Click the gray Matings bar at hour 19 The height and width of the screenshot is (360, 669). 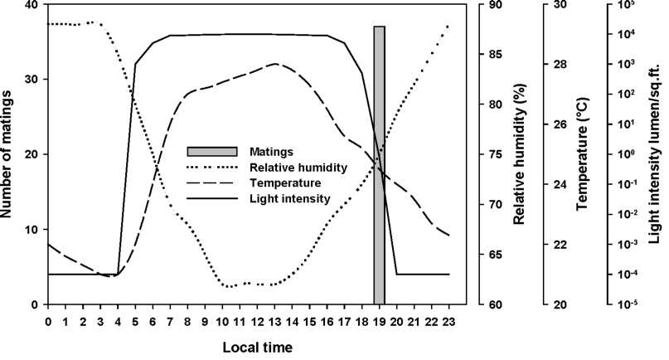pyautogui.click(x=379, y=166)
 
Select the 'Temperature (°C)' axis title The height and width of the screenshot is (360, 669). pyautogui.click(x=581, y=155)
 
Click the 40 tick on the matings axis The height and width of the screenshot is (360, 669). pyautogui.click(x=32, y=5)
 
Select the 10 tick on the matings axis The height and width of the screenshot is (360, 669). pyautogui.click(x=32, y=230)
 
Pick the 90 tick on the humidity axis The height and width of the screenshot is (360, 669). pyautogui.click(x=492, y=5)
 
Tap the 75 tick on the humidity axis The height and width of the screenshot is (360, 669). pyautogui.click(x=492, y=155)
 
